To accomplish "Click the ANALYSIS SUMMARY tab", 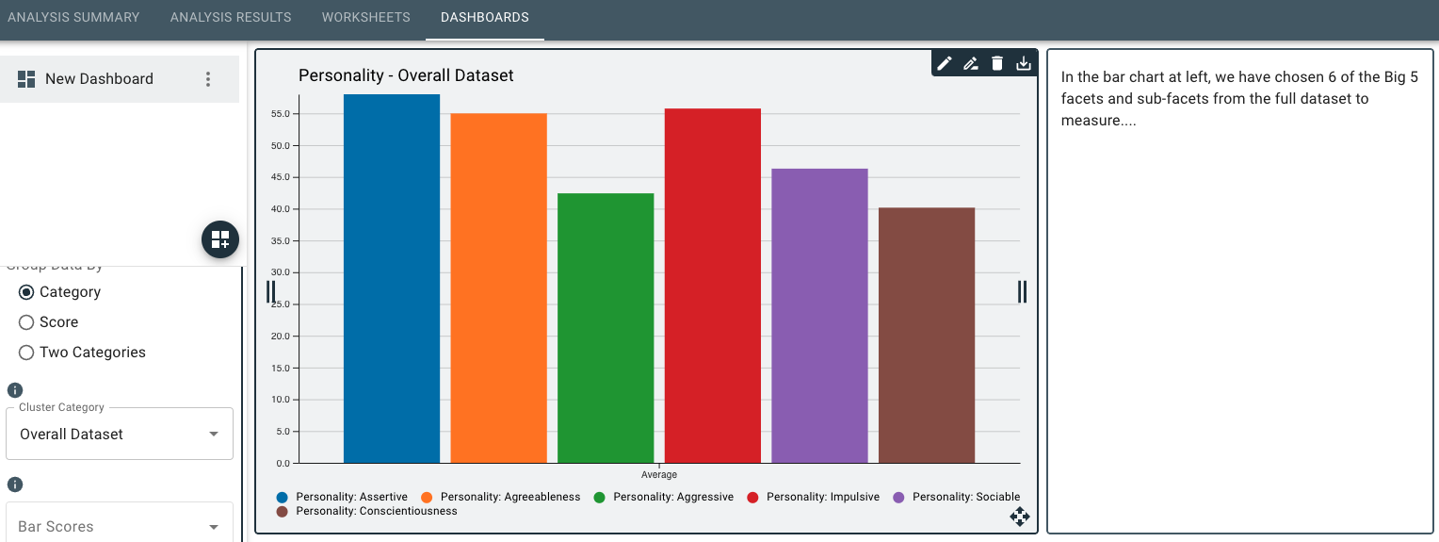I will (73, 17).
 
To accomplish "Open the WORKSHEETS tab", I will (365, 17).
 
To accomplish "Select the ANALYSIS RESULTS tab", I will (231, 17).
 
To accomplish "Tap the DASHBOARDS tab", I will (484, 17).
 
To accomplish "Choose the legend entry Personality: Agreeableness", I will (509, 497).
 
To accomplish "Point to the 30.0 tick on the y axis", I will (279, 272).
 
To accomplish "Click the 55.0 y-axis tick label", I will (279, 114).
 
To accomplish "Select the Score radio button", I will (26, 322).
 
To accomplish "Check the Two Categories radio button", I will (26, 353).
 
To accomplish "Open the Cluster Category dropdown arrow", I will (214, 435).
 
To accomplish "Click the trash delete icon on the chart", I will (997, 63).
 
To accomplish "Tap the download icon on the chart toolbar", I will (1024, 63).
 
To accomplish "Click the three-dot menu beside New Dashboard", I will (209, 79).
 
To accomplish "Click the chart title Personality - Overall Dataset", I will (406, 75).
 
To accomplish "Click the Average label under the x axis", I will (659, 474).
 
